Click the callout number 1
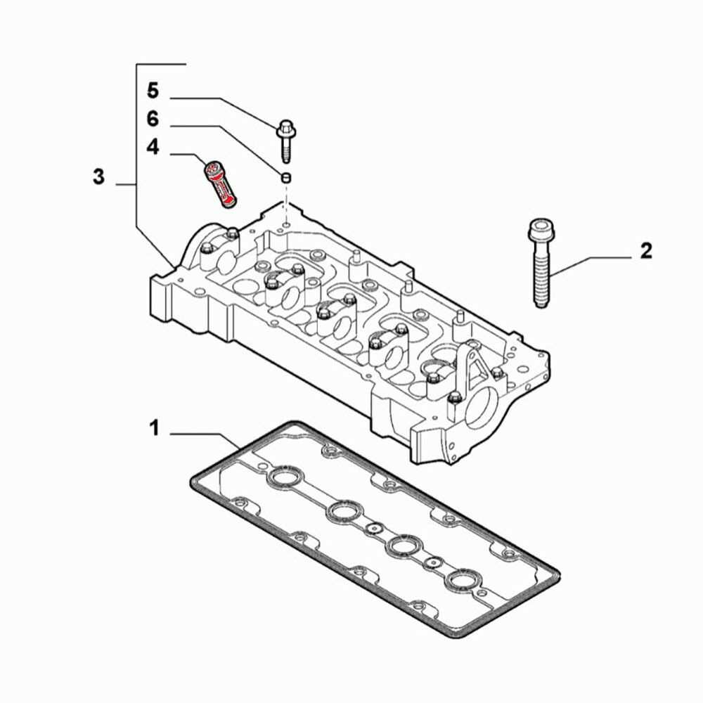[154, 427]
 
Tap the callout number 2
[645, 251]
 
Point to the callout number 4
[153, 148]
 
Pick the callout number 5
[153, 91]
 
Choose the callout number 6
[153, 120]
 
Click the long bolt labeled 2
[540, 267]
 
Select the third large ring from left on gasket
[404, 546]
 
